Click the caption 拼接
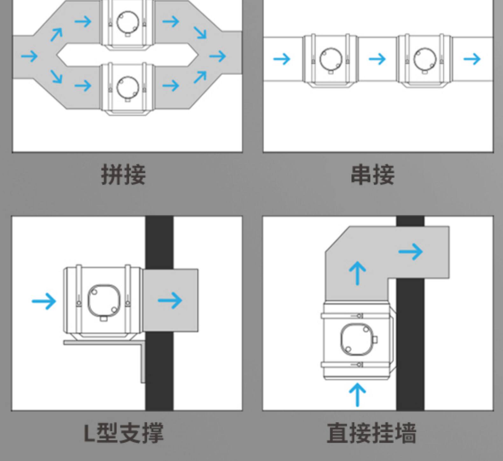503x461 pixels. pyautogui.click(x=123, y=174)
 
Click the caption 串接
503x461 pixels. pyautogui.click(x=373, y=174)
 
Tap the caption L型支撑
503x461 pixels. pyautogui.click(x=123, y=433)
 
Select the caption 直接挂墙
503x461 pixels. pyautogui.click(x=372, y=433)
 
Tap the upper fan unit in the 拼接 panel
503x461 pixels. pyautogui.click(x=127, y=25)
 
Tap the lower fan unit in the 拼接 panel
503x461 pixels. pyautogui.click(x=127, y=89)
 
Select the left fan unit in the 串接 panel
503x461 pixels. pyautogui.click(x=330, y=60)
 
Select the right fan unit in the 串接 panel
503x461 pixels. pyautogui.click(x=424, y=60)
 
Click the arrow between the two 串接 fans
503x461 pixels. pyautogui.click(x=377, y=59)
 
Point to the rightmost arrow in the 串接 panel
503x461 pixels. pyautogui.click(x=472, y=59)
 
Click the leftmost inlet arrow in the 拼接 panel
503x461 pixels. pyautogui.click(x=29, y=56)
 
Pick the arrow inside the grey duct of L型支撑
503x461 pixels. pyautogui.click(x=170, y=300)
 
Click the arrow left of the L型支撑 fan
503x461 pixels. pyautogui.click(x=44, y=301)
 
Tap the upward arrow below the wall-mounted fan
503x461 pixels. pyautogui.click(x=357, y=394)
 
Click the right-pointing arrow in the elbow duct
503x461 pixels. pyautogui.click(x=411, y=251)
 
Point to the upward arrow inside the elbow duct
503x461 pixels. pyautogui.click(x=357, y=273)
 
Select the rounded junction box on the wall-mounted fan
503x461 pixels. pyautogui.click(x=356, y=340)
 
